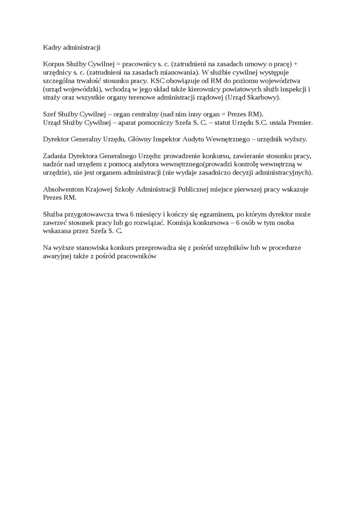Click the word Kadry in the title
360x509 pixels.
coord(51,47)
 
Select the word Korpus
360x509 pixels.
coord(53,64)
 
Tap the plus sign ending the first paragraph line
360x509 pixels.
coord(296,64)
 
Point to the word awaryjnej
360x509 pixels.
coord(57,256)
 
